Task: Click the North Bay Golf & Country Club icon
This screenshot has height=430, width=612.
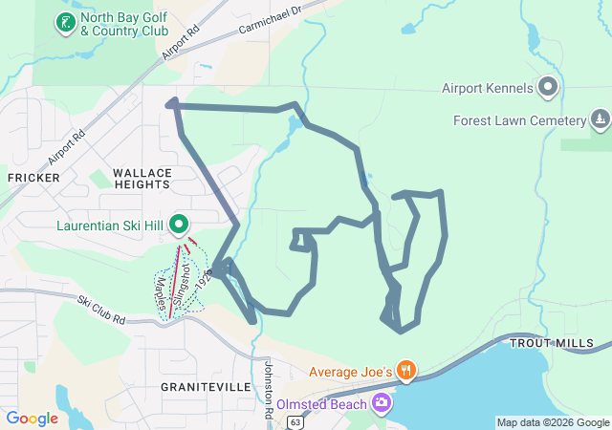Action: pyautogui.click(x=65, y=21)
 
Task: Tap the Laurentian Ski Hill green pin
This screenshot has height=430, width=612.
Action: pyautogui.click(x=179, y=226)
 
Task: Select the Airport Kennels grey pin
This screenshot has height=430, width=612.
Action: pyautogui.click(x=548, y=88)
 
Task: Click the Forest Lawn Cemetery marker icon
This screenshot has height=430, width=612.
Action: pyautogui.click(x=600, y=120)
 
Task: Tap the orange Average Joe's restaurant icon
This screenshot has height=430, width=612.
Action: pyautogui.click(x=406, y=370)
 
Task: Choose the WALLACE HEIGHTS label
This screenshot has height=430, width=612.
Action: pyautogui.click(x=142, y=179)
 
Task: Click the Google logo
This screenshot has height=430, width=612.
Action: pyautogui.click(x=32, y=419)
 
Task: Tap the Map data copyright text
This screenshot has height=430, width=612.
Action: pyautogui.click(x=553, y=422)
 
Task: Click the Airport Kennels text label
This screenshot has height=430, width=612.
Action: pyautogui.click(x=487, y=89)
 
